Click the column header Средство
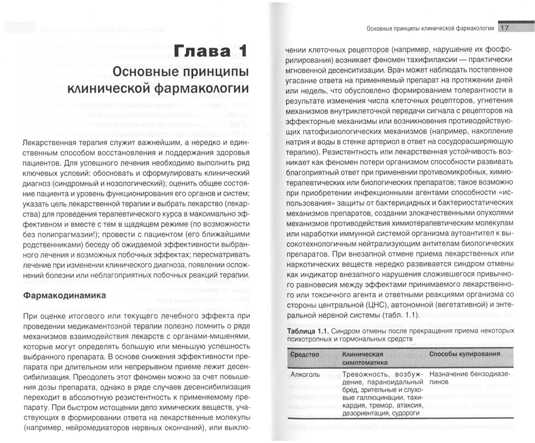pyautogui.click(x=304, y=354)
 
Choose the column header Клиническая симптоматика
pyautogui.click(x=363, y=358)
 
